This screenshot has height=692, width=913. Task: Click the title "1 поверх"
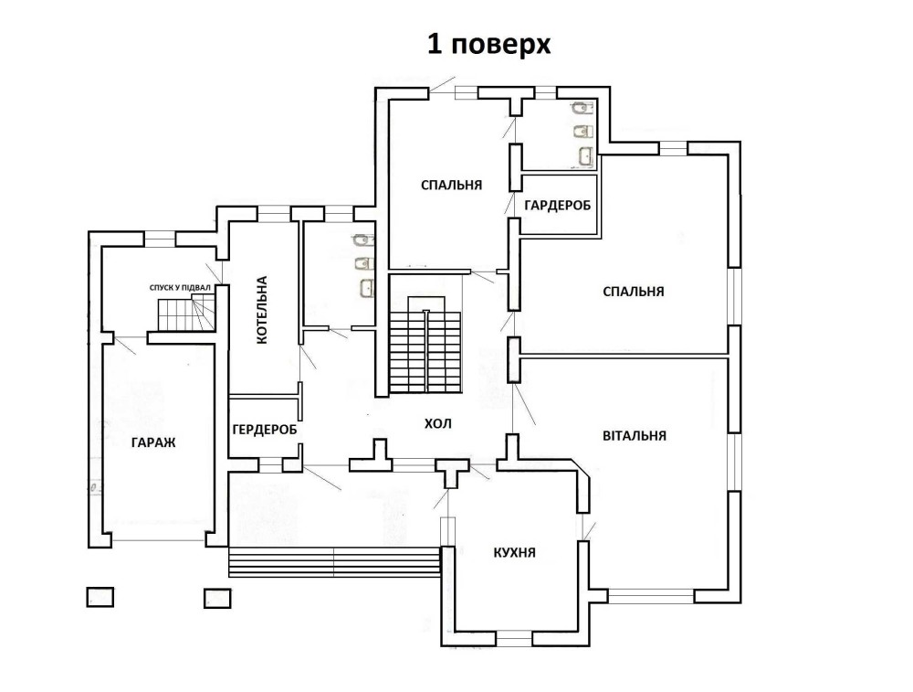[489, 44]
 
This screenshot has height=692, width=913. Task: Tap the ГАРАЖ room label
[153, 442]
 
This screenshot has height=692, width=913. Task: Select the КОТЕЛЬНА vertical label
[262, 310]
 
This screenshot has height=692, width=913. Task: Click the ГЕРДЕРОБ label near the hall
[265, 430]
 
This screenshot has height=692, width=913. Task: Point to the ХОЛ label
[438, 424]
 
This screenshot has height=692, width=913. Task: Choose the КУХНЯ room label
[514, 553]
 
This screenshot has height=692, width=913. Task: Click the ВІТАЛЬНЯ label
[635, 435]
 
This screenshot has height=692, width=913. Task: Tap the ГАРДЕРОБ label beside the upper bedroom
[557, 205]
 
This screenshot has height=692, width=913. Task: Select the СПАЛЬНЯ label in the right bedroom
[634, 291]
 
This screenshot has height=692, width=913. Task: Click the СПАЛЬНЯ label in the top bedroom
[451, 185]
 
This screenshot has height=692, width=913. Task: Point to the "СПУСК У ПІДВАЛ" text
[180, 287]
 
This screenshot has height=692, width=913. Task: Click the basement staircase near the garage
[186, 313]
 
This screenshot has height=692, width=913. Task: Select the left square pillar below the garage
[100, 597]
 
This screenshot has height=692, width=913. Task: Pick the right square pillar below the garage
[218, 598]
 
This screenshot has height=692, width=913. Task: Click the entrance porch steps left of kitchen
[334, 562]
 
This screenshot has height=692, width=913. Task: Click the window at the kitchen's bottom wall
[514, 639]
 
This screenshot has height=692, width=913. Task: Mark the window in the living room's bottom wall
[651, 596]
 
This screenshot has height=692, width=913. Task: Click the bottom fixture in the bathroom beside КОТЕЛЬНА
[367, 287]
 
